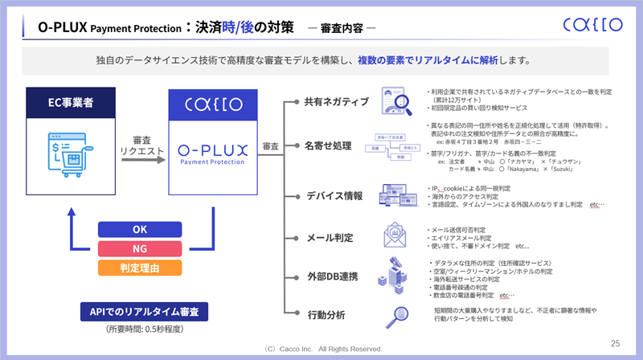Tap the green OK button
point(139,230)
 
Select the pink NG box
point(139,248)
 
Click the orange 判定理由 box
point(139,267)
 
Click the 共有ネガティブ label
point(336,102)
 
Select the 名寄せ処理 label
point(330,147)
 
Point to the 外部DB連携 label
point(331,277)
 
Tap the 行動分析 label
point(326,313)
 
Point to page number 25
point(615,341)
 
